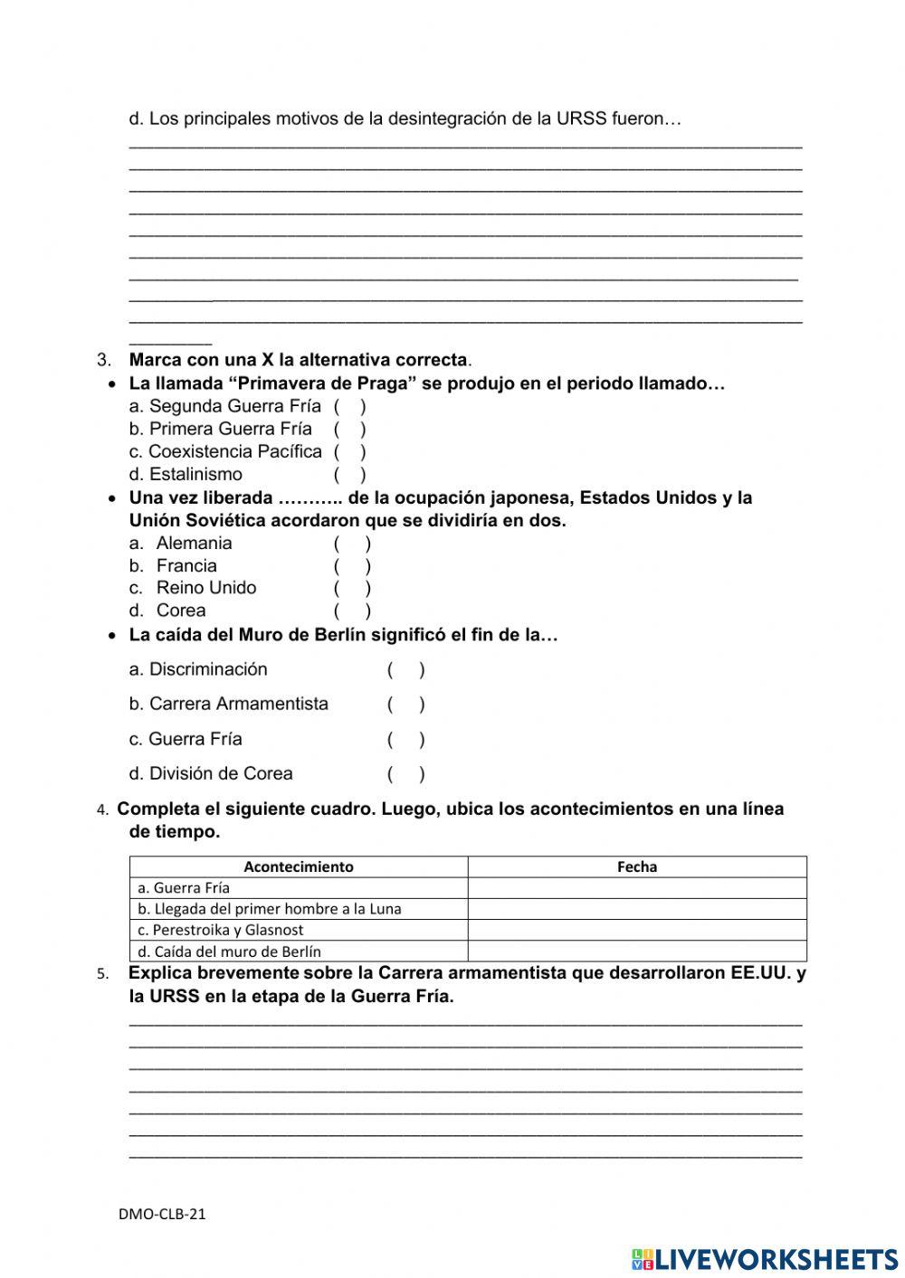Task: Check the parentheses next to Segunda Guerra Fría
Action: pyautogui.click(x=349, y=407)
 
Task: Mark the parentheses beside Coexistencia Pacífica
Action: pyautogui.click(x=349, y=451)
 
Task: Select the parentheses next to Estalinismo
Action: pyautogui.click(x=349, y=474)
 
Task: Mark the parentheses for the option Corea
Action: pyautogui.click(x=352, y=611)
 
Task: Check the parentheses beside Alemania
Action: pyautogui.click(x=352, y=544)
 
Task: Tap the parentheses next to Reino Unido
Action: pyautogui.click(x=352, y=588)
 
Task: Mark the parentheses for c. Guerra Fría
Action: pyautogui.click(x=406, y=740)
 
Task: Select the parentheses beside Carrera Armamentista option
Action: pyautogui.click(x=406, y=705)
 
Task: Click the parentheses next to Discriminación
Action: pyautogui.click(x=406, y=670)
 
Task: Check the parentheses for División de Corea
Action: pyautogui.click(x=406, y=774)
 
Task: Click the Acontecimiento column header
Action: pyautogui.click(x=299, y=866)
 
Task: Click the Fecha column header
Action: pyautogui.click(x=637, y=866)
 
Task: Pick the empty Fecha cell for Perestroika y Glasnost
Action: pyautogui.click(x=637, y=930)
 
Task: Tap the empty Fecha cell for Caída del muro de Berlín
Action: pyautogui.click(x=637, y=951)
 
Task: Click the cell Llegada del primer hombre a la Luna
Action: pyautogui.click(x=270, y=909)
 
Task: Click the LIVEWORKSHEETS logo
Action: pyautogui.click(x=765, y=1258)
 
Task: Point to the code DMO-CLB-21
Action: pyautogui.click(x=162, y=1214)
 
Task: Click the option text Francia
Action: pyautogui.click(x=186, y=566)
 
